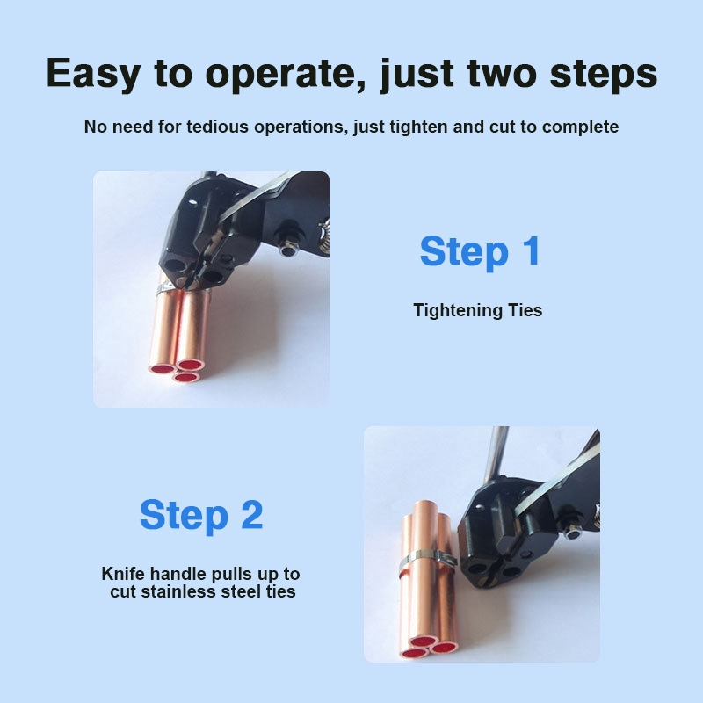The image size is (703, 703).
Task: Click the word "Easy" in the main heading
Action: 93,74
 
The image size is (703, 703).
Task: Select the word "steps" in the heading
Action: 604,74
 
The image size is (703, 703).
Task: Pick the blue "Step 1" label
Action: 480,251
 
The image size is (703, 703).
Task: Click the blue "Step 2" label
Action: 201,515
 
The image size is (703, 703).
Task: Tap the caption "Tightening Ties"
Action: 477,310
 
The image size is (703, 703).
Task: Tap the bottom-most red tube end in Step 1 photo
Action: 187,378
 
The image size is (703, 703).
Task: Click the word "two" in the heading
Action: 501,74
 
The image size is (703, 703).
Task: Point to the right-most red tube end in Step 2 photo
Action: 445,648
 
